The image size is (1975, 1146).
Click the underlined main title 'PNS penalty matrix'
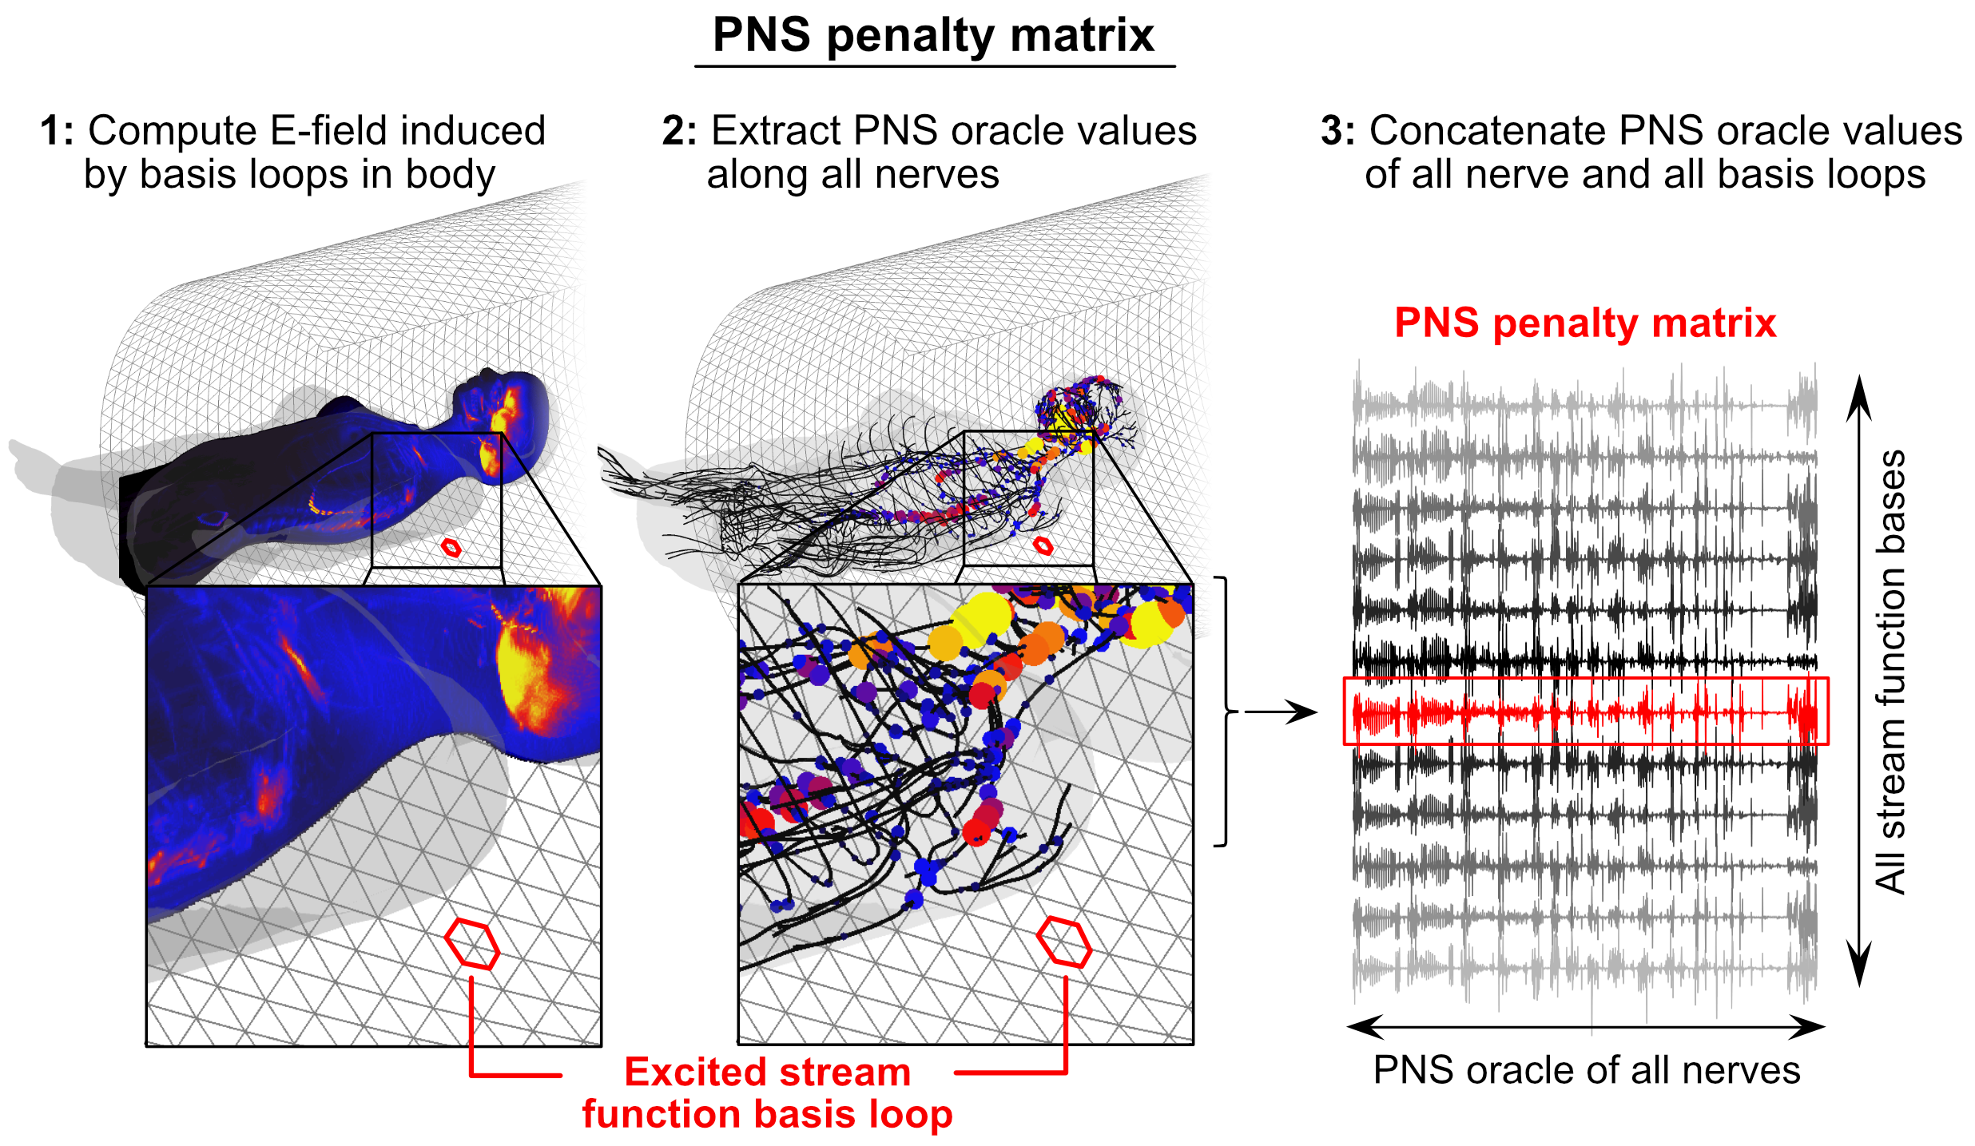click(933, 37)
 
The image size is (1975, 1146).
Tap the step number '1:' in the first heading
click(57, 131)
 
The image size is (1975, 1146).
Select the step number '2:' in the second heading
click(679, 131)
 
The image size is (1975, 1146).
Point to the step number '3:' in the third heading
click(1337, 131)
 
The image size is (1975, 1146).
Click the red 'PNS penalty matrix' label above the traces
click(1585, 323)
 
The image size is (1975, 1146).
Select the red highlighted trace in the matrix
click(1585, 712)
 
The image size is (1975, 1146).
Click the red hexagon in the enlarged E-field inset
click(472, 944)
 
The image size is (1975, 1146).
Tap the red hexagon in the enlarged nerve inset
click(1064, 942)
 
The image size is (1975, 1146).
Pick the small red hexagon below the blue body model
click(451, 548)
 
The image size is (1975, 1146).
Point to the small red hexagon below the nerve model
click(1043, 546)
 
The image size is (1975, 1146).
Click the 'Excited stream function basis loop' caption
click(767, 1093)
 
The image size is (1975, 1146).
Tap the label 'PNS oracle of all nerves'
click(1587, 1070)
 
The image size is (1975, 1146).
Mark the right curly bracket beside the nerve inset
click(1223, 711)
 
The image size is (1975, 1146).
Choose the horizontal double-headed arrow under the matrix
click(1586, 1027)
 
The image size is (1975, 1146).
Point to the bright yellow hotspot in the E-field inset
click(523, 667)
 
